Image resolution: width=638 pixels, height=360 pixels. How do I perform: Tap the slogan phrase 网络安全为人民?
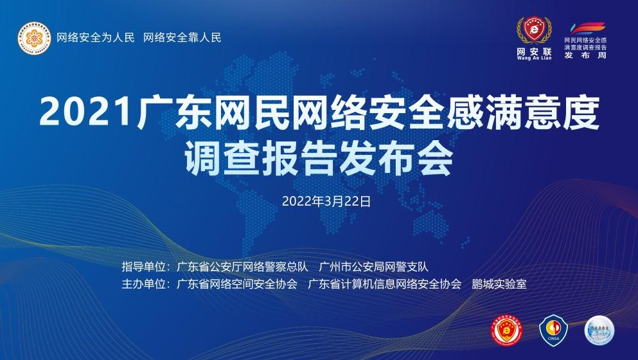(96, 37)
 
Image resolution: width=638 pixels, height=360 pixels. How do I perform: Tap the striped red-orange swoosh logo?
(585, 28)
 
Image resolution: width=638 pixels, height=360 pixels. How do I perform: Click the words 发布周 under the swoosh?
(585, 56)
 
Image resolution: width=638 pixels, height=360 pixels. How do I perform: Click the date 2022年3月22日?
(318, 201)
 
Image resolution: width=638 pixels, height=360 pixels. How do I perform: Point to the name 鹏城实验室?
(499, 283)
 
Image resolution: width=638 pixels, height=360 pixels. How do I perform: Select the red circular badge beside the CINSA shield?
(506, 328)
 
